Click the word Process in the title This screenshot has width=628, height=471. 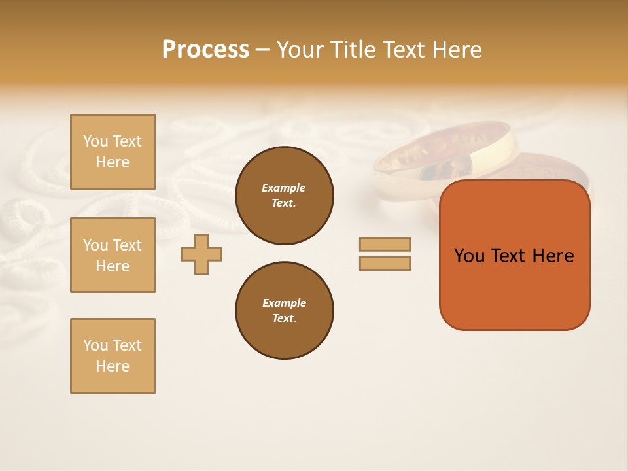[205, 50]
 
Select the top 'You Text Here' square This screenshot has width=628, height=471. [113, 152]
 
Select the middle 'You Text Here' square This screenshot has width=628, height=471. [113, 255]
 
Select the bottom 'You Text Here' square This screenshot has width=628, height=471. [113, 356]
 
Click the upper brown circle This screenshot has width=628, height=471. [284, 196]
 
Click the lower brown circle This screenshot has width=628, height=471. [284, 311]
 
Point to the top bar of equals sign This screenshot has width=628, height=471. [385, 245]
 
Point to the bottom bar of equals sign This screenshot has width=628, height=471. [385, 264]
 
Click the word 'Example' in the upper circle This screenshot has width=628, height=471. [284, 188]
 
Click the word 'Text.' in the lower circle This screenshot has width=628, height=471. [284, 319]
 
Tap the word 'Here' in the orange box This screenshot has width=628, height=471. [553, 256]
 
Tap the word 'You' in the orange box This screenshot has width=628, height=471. [469, 256]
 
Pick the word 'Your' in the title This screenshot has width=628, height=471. [302, 50]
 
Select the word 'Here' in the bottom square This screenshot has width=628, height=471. [113, 366]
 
